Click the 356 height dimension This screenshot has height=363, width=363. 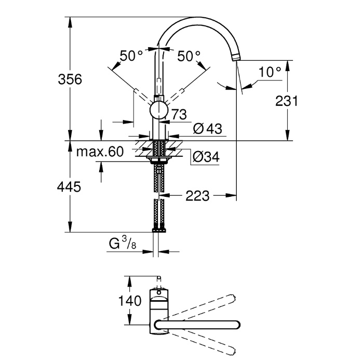point(70,79)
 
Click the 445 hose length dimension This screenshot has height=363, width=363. point(69,186)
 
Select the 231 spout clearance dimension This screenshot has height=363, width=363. point(286,101)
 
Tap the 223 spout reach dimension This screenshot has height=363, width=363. point(197,196)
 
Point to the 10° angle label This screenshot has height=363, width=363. point(270,72)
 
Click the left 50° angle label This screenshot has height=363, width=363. point(131,56)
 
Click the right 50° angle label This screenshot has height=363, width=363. point(189,56)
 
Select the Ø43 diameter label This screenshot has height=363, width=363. point(208,128)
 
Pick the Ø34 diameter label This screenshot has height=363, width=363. point(206,157)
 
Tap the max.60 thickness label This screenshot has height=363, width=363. point(100,152)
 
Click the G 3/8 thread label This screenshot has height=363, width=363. point(123,243)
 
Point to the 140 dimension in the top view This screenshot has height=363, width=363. point(130,301)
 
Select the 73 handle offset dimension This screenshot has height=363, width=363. point(179,114)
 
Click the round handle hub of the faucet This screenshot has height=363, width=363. point(158,110)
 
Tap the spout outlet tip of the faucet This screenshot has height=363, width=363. point(236,57)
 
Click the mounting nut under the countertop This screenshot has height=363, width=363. point(158,160)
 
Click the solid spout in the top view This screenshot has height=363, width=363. point(197,325)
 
